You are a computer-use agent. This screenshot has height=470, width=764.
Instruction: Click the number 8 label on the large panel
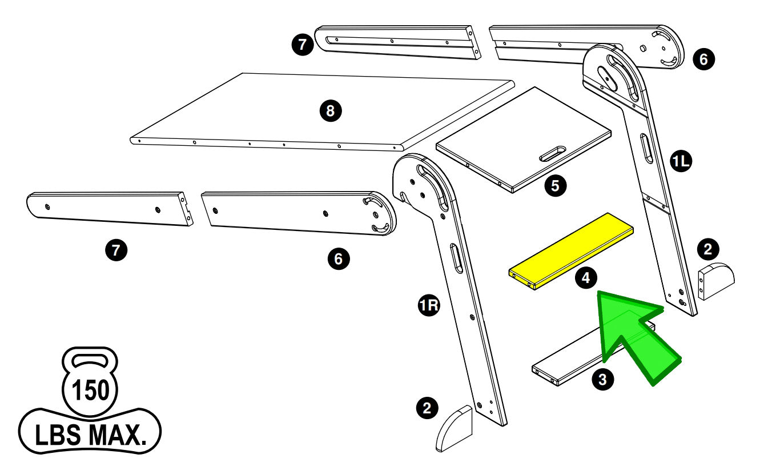click(x=330, y=111)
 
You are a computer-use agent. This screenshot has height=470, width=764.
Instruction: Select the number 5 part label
click(x=555, y=185)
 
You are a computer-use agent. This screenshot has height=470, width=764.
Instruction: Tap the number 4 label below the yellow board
click(x=586, y=278)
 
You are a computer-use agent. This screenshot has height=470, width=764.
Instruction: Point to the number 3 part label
click(x=603, y=379)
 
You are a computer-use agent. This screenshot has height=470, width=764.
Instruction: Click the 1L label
click(x=681, y=162)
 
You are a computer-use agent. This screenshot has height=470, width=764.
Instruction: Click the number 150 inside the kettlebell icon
click(x=90, y=391)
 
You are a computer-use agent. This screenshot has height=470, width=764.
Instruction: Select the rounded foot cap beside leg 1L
click(x=717, y=281)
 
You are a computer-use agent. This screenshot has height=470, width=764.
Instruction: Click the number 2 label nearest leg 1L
click(x=708, y=249)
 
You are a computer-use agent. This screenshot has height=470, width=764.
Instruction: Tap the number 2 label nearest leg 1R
click(x=427, y=407)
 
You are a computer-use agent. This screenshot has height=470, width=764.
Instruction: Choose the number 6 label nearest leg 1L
click(x=703, y=58)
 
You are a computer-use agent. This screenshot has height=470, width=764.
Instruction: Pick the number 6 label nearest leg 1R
click(x=338, y=259)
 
